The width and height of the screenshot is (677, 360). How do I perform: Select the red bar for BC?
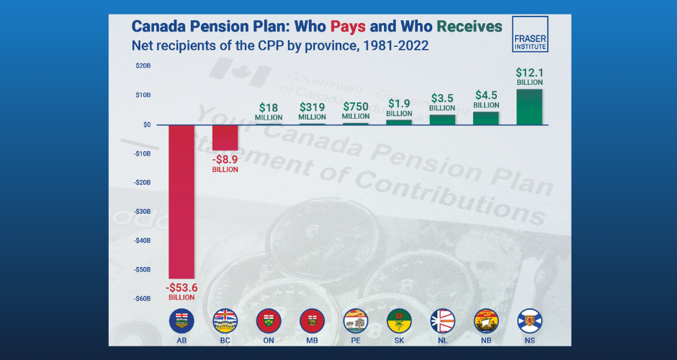[x=225, y=138]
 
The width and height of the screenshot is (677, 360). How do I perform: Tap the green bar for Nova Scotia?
[x=529, y=107]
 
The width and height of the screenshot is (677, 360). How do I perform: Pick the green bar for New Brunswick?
[x=485, y=118]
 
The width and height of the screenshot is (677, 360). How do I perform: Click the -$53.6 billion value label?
[x=181, y=292]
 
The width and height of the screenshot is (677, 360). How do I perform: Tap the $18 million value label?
[x=269, y=111]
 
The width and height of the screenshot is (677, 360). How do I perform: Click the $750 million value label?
[x=356, y=111]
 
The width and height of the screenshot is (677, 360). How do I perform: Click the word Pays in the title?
[x=349, y=27]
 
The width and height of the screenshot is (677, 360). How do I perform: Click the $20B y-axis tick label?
[x=143, y=66]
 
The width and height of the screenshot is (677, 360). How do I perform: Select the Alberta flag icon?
[x=181, y=320]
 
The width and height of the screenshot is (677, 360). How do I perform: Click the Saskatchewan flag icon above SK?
[x=399, y=320]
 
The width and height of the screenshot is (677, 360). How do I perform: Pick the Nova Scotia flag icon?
[x=529, y=320]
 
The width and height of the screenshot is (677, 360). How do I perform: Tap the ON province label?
[x=269, y=338]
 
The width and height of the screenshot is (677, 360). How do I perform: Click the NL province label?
[x=442, y=338]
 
